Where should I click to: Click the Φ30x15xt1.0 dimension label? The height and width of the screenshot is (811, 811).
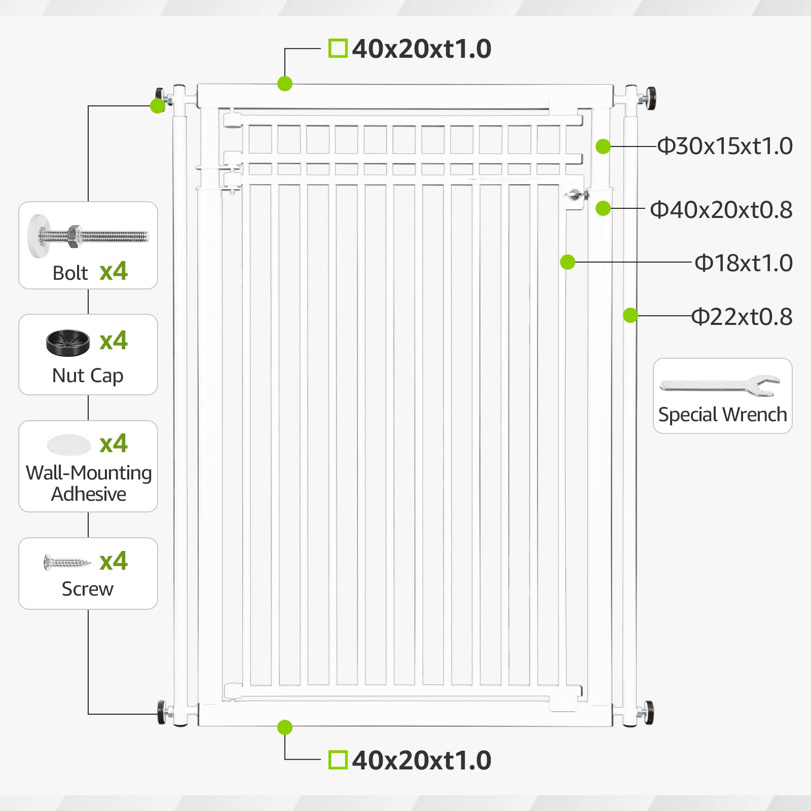click(x=725, y=146)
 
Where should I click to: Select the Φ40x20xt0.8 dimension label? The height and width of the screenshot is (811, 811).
click(x=721, y=210)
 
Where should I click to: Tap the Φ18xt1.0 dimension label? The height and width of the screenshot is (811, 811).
click(x=744, y=263)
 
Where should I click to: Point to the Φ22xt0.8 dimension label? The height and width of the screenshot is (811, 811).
click(x=742, y=317)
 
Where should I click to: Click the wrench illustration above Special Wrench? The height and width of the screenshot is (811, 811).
click(x=720, y=385)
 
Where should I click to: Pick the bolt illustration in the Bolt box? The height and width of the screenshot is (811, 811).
click(x=88, y=236)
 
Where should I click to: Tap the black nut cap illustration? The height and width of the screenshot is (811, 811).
click(x=68, y=343)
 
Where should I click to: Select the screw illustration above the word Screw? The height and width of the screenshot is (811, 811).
click(x=67, y=562)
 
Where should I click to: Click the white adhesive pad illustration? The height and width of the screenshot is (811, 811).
click(x=68, y=445)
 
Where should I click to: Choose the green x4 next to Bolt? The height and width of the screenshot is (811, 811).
click(x=114, y=272)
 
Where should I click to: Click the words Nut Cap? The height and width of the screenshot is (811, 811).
click(x=88, y=376)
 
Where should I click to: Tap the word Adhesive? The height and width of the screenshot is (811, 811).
click(x=89, y=494)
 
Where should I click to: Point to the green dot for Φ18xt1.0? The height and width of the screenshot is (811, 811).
click(x=568, y=262)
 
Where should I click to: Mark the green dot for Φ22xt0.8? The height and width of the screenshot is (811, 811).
click(x=630, y=315)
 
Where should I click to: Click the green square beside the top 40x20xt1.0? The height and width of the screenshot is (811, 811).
click(x=338, y=49)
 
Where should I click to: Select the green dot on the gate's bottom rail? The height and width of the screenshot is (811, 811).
click(x=285, y=727)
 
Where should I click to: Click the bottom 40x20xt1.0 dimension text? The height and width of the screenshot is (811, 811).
click(x=422, y=760)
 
